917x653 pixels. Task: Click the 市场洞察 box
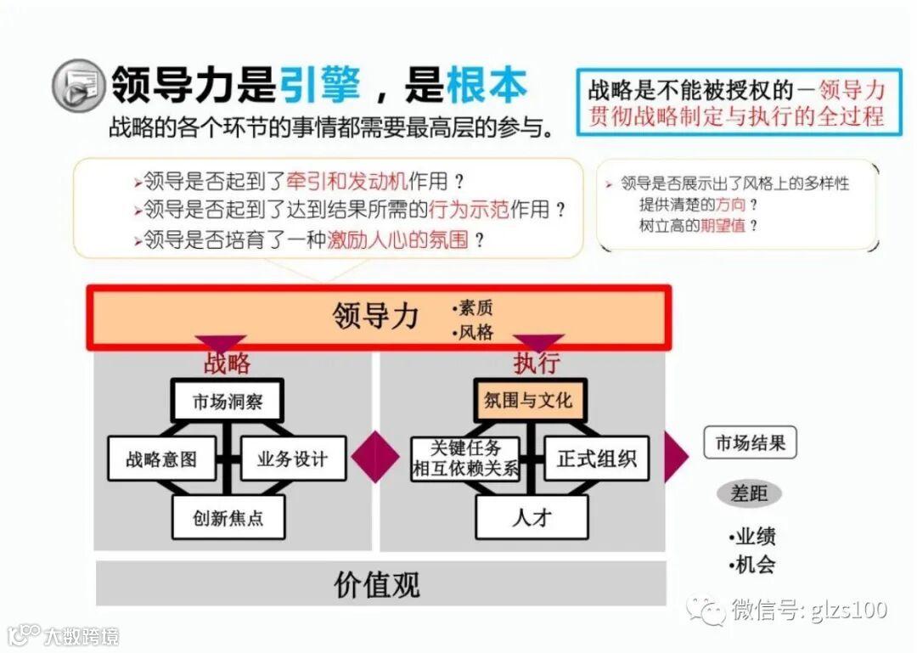[x=227, y=402]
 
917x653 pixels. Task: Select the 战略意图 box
[x=161, y=459]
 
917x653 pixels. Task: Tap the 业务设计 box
[x=293, y=459]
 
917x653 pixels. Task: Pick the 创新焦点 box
[x=228, y=517]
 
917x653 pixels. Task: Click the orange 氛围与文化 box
[x=529, y=400]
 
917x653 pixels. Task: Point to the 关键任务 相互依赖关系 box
[x=465, y=459]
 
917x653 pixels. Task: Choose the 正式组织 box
[x=596, y=459]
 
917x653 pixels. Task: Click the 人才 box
[x=532, y=516]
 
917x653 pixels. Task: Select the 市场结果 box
[x=750, y=443]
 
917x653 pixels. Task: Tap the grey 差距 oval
[x=749, y=493]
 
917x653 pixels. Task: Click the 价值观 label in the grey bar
[x=377, y=584]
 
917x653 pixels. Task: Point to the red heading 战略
[x=227, y=363]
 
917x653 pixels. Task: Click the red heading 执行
[x=537, y=363]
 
